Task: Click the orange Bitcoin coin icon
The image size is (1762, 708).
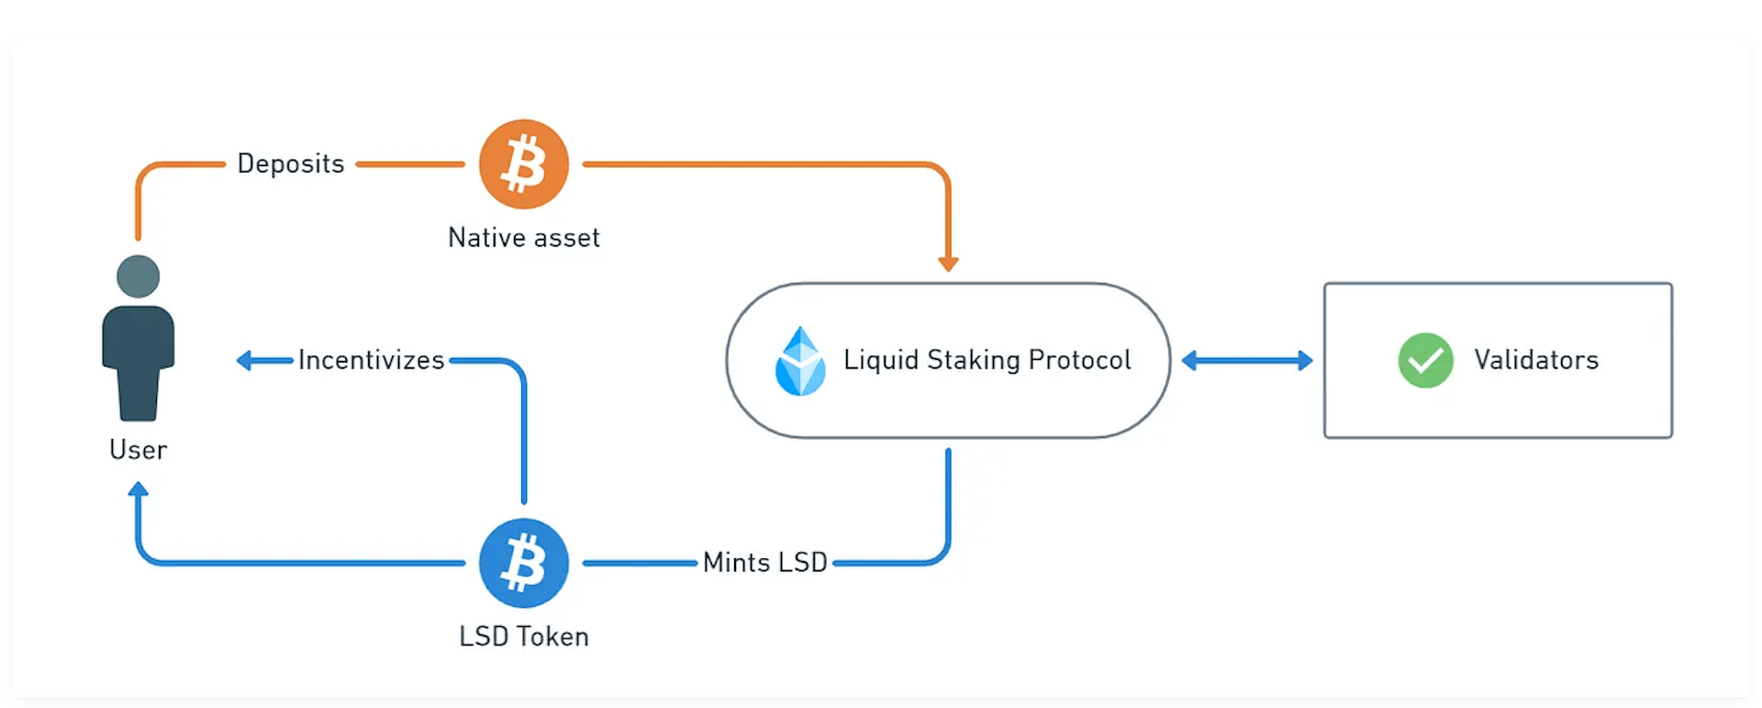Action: (x=524, y=164)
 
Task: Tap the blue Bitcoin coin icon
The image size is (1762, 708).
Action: (x=524, y=563)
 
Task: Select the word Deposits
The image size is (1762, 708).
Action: (x=291, y=164)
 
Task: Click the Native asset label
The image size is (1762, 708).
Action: (x=523, y=238)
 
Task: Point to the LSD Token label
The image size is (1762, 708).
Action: (x=523, y=636)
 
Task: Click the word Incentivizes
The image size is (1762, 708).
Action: (x=371, y=360)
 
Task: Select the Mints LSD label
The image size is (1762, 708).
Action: (x=764, y=562)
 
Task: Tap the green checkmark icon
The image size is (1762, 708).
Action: (x=1425, y=360)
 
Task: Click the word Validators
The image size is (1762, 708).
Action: (x=1536, y=360)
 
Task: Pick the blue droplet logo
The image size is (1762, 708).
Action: (x=800, y=362)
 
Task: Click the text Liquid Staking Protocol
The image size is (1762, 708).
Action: (x=987, y=360)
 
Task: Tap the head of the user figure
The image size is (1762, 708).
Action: (x=139, y=276)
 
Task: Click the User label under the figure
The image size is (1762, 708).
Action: (x=138, y=450)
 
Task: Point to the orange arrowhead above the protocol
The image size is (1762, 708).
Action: (x=948, y=264)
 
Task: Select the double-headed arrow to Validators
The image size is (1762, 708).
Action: (x=1246, y=361)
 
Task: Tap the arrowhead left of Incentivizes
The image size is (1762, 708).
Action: (x=244, y=360)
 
